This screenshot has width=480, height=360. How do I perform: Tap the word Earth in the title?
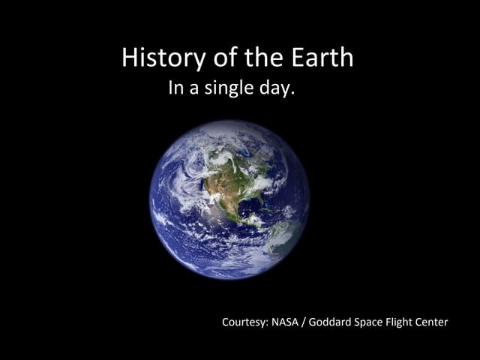tap(324, 58)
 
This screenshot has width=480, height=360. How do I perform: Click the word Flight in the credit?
tap(413, 322)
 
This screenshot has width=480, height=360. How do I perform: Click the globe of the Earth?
tap(229, 199)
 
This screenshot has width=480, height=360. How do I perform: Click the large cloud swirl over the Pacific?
tap(180, 180)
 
